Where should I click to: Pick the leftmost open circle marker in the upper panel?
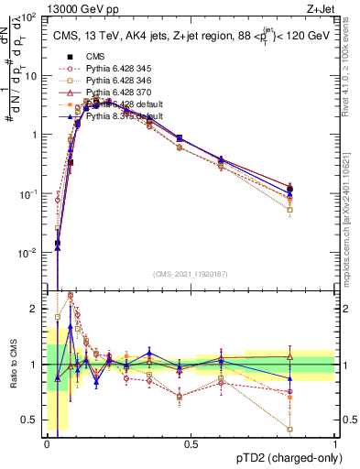(58, 199)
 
